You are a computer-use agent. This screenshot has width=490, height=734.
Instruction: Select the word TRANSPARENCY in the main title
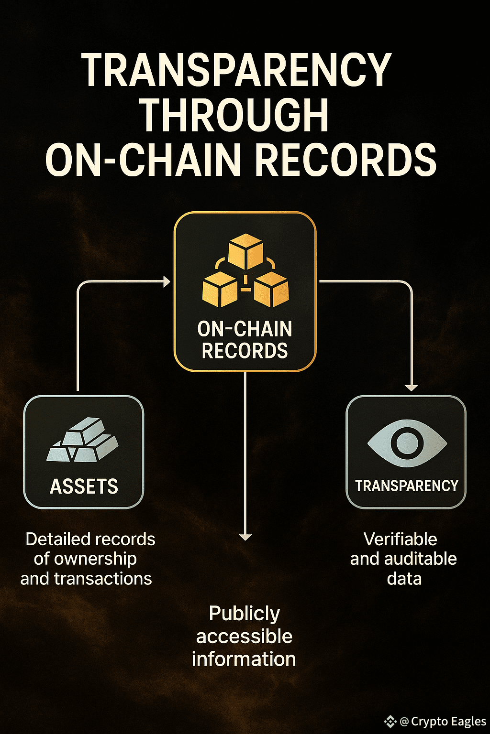coord(236,70)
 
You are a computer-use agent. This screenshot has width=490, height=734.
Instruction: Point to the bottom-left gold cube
coord(220,289)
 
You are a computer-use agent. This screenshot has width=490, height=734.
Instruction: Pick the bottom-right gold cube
coord(271,289)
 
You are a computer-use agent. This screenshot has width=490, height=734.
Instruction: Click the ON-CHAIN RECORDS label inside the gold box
coord(245,340)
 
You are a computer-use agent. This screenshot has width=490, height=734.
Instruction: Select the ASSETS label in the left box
coord(84,486)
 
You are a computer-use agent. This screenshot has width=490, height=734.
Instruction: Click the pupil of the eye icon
coord(407,443)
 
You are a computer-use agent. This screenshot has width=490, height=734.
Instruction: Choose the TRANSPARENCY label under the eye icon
coord(406,486)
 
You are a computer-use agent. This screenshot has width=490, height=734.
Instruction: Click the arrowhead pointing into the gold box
coord(167,282)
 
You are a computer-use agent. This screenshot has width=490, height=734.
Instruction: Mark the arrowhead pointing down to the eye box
coord(411,388)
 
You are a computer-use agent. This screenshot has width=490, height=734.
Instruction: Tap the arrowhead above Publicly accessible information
coord(245,537)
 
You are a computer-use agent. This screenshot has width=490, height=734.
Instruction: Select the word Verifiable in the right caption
coord(400,540)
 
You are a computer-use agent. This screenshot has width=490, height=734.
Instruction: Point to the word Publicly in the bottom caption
coord(244,614)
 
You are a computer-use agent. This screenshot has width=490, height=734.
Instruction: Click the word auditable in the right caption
coord(420,559)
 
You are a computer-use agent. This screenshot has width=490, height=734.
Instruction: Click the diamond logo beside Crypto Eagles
coord(390,721)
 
